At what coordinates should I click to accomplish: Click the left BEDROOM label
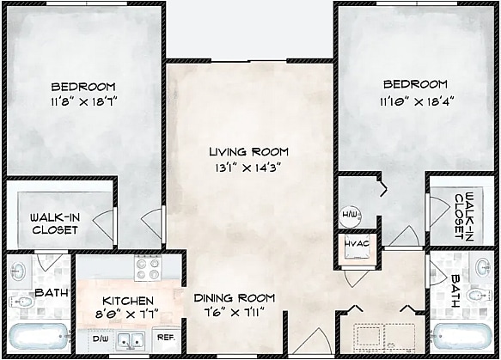pos(82,87)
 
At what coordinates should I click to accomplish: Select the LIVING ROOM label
pos(247,151)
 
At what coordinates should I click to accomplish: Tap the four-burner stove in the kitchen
pos(149,269)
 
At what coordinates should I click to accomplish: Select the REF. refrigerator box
pos(168,338)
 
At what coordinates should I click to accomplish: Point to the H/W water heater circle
pos(350,214)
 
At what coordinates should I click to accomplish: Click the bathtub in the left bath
pos(39,336)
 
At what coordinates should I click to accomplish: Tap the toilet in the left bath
pos(19,302)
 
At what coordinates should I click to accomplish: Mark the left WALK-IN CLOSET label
pos(54,223)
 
